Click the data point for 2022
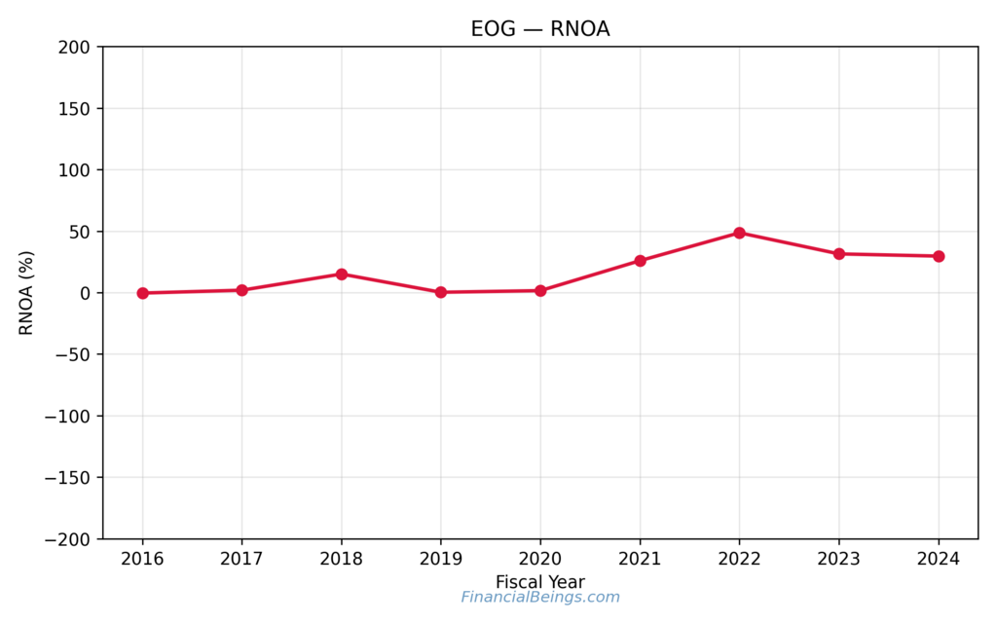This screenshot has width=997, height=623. (739, 233)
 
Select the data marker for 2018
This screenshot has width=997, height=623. (342, 275)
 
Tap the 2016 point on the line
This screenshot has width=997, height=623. (142, 293)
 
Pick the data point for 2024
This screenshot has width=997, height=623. (939, 256)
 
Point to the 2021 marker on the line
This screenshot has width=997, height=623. (640, 261)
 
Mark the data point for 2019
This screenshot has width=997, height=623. (440, 292)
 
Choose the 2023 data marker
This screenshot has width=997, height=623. (838, 254)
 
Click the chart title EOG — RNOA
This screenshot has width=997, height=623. (540, 29)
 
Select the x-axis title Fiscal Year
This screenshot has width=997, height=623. (540, 582)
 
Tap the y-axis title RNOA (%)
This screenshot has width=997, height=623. (26, 293)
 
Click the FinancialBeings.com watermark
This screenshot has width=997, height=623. (540, 598)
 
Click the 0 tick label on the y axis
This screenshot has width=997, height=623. (85, 293)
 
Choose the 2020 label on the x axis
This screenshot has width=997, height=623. (540, 560)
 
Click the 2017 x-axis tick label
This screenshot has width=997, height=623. (241, 560)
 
